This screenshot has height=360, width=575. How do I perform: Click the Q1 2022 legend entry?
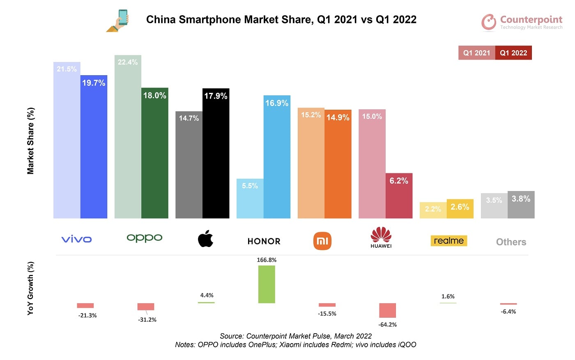click(x=513, y=53)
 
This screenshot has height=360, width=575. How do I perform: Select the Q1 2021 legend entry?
click(x=476, y=53)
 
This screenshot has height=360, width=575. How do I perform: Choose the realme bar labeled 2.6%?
click(x=460, y=209)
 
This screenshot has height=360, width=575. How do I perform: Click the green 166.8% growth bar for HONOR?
click(x=267, y=284)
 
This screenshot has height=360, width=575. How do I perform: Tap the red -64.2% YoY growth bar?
click(x=387, y=310)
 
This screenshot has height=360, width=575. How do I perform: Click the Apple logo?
click(x=205, y=239)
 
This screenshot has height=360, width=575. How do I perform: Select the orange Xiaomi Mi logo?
click(x=322, y=241)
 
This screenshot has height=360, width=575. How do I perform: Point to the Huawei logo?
click(x=381, y=238)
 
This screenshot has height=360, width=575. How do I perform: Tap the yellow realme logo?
click(x=448, y=241)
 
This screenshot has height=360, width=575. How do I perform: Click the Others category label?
click(x=511, y=242)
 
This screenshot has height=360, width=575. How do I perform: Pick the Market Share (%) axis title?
click(x=31, y=141)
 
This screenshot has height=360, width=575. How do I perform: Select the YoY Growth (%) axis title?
click(x=31, y=288)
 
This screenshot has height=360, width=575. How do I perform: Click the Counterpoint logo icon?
click(x=489, y=22)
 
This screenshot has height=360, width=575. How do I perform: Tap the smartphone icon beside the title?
click(x=120, y=21)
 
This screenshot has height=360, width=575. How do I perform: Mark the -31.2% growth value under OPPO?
click(x=147, y=320)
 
